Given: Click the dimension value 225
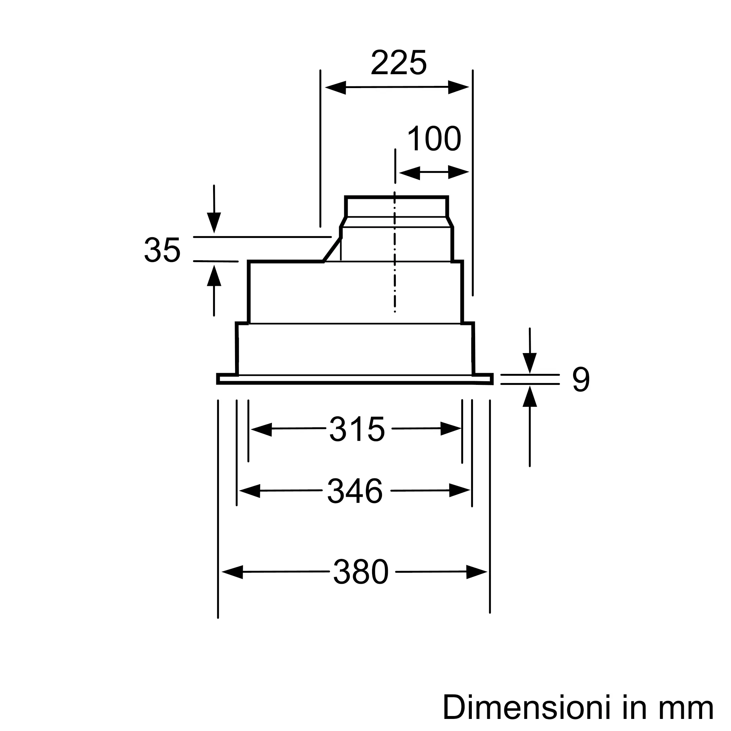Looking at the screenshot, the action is [x=398, y=63].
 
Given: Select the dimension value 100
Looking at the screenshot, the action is [x=434, y=139].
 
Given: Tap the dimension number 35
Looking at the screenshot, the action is [x=162, y=250].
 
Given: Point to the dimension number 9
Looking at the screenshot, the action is [x=581, y=379].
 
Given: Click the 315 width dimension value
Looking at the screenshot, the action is [x=357, y=429].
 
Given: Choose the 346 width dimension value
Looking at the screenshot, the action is [x=355, y=491].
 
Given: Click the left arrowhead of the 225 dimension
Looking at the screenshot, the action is [x=335, y=88].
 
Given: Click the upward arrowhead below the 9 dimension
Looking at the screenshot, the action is [x=530, y=397].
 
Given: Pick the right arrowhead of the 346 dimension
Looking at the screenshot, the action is [x=460, y=491].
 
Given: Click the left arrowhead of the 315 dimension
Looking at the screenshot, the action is [x=261, y=429].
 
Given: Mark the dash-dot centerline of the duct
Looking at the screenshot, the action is [x=395, y=265].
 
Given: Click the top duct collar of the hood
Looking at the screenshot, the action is [x=397, y=207].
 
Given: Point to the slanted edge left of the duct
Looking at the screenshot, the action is [x=332, y=250].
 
